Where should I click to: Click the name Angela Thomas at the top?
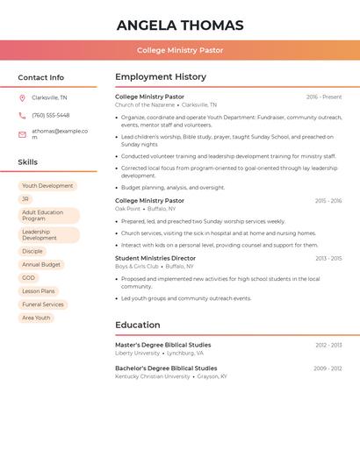point(180,25)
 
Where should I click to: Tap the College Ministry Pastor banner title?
point(180,51)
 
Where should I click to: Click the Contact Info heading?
point(40,77)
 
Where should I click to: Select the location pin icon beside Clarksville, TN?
point(22,98)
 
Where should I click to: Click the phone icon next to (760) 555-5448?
point(22,116)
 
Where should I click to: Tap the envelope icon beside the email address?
point(22,134)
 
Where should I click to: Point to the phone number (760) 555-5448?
point(51,116)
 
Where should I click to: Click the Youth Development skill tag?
point(47,186)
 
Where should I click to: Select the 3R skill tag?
point(25,199)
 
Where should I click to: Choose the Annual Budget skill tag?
point(41,265)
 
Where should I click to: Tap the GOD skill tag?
point(29,278)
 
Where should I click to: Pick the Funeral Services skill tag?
point(43,304)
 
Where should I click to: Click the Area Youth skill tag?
point(36,318)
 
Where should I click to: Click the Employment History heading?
point(161,77)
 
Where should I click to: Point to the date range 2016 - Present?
point(324,97)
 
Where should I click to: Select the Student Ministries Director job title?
point(155,259)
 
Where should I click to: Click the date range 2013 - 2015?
point(328,259)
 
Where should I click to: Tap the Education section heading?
point(138,325)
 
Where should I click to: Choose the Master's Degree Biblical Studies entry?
point(163,346)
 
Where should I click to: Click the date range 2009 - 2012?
point(328,368)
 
